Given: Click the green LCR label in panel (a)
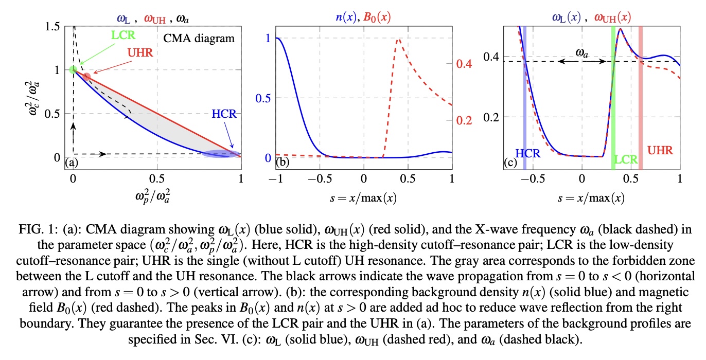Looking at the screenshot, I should click(x=123, y=37).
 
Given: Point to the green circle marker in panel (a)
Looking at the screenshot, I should click(x=73, y=70).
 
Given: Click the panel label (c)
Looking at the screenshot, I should click(x=510, y=164).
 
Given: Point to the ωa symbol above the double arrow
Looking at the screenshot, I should click(x=582, y=52).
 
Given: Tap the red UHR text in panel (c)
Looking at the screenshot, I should click(x=660, y=151).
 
